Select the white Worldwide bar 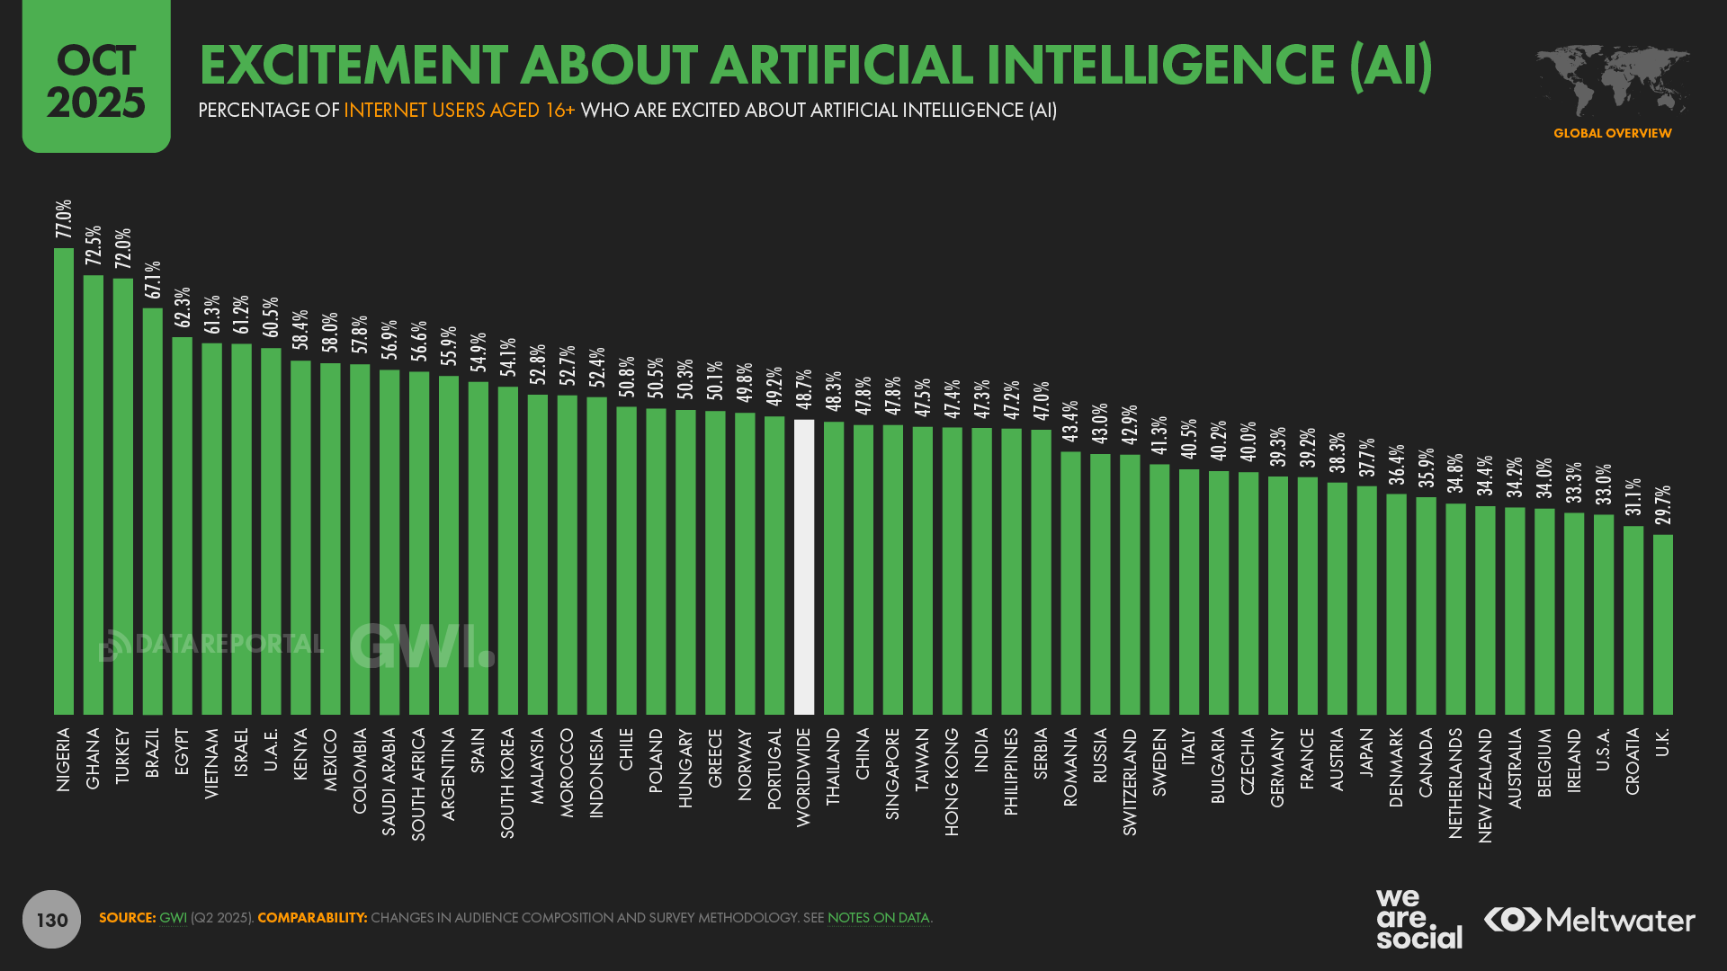(804, 566)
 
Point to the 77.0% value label (64, 219)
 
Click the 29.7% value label (1662, 505)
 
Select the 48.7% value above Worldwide (804, 389)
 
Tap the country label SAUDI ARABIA (389, 781)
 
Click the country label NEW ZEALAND (1485, 785)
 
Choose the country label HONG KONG (952, 781)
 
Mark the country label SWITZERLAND (1130, 781)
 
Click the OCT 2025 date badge (96, 79)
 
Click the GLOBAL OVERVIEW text (1612, 133)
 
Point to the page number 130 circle (52, 919)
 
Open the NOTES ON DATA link (878, 918)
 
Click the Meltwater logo (1589, 920)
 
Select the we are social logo (1418, 919)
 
